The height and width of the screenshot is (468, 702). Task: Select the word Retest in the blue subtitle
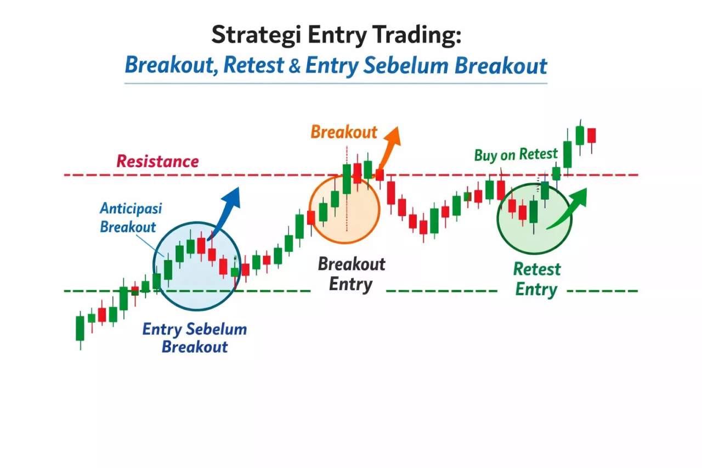254,66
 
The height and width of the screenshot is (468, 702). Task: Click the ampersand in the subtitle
295,66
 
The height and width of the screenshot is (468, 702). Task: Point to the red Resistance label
157,161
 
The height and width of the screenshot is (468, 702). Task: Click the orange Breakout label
344,132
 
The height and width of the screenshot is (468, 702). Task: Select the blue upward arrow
226,211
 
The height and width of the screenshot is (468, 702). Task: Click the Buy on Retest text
516,155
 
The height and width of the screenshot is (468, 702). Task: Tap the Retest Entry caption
536,279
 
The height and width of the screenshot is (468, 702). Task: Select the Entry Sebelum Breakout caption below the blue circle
195,338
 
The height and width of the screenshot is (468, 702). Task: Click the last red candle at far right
591,136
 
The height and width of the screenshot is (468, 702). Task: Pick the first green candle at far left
80,328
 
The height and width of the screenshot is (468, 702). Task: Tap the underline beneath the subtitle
336,83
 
